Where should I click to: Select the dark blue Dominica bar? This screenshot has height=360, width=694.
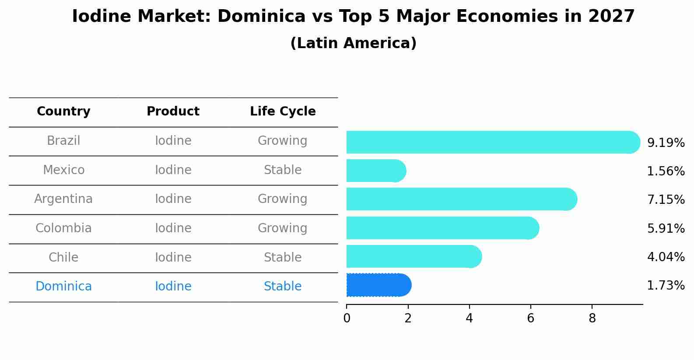coord(379,285)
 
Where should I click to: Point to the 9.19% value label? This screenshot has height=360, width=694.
coord(666,143)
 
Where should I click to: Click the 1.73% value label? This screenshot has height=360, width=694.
coord(666,286)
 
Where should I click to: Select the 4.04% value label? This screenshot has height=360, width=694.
coord(666,257)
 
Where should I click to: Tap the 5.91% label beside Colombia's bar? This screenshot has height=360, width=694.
coord(666,228)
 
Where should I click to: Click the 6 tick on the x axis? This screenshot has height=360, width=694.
coord(530,318)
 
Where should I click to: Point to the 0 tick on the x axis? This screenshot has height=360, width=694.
coord(347,318)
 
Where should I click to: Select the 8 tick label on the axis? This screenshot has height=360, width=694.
coord(592,318)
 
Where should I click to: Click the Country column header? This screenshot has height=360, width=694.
coord(63,112)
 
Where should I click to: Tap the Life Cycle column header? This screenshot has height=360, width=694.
coord(283,112)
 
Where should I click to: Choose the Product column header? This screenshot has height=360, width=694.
coord(173,112)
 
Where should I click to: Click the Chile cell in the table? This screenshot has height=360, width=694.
coord(63,257)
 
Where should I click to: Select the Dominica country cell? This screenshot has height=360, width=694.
coord(63,287)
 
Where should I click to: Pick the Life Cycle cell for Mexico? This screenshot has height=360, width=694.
coord(283,170)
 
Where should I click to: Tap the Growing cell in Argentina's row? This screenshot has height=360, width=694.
coord(283,199)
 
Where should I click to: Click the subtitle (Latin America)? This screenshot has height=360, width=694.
coord(353,43)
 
